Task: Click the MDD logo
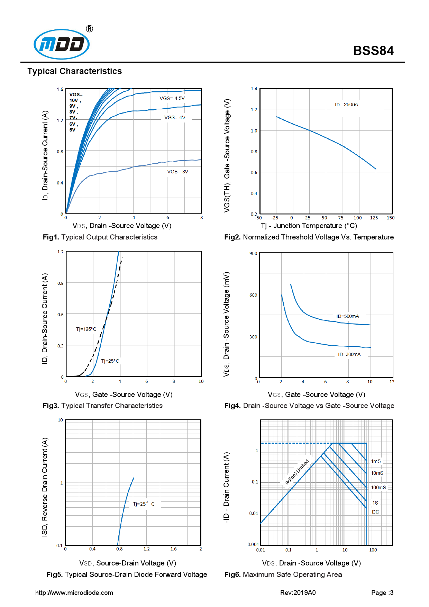62,44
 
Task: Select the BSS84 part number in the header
373,51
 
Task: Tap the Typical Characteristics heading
74,71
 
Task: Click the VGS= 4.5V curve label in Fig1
172,98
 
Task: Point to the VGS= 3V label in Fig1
177,172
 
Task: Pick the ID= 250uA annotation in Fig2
346,105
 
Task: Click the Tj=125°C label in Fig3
86,329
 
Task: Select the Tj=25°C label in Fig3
110,361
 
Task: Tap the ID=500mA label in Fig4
347,316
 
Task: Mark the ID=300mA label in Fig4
349,354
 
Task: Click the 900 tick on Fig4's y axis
253,254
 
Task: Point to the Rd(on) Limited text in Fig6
296,471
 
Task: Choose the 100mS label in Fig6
378,488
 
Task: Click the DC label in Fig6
375,512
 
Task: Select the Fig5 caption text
127,574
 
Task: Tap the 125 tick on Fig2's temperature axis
374,218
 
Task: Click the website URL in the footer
74,593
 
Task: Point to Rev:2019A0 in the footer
298,593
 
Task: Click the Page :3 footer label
382,593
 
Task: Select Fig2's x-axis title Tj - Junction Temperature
309,226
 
